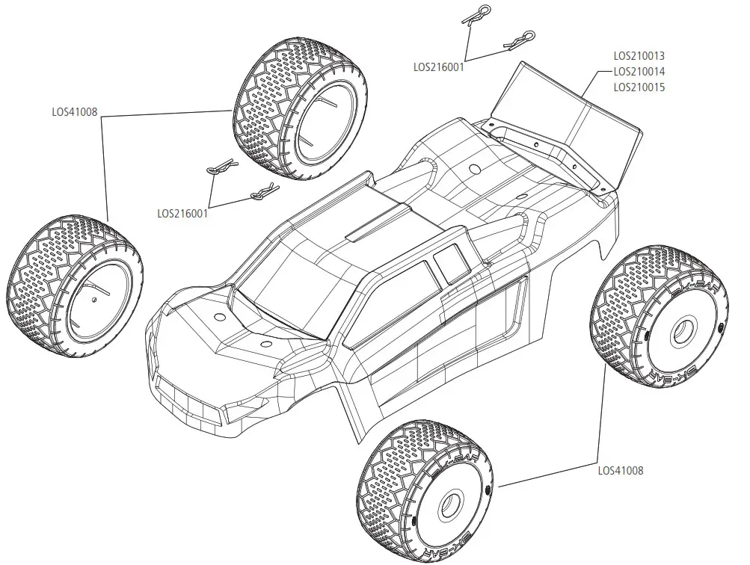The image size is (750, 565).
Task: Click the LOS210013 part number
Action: (x=639, y=55)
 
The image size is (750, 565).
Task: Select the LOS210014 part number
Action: (x=639, y=71)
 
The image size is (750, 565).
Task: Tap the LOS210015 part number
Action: (x=639, y=87)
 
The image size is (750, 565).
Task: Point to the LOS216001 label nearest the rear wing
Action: (x=439, y=67)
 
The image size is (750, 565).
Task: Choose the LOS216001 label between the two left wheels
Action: (x=182, y=212)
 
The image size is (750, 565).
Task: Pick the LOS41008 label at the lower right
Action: (x=621, y=471)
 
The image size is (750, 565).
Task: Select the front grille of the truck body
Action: (x=187, y=396)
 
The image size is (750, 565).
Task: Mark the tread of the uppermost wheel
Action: (x=262, y=112)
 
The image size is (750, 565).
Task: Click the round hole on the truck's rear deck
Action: (x=472, y=169)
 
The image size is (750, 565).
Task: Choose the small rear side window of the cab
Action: (x=449, y=262)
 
